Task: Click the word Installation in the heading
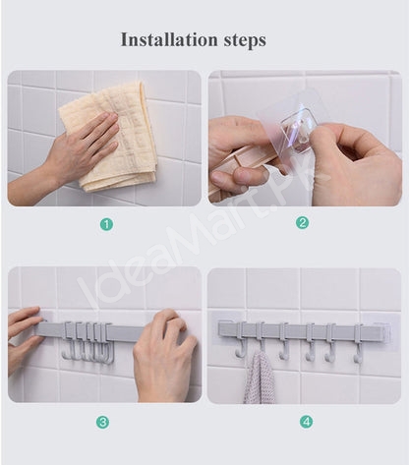(169, 39)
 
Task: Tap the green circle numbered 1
(106, 224)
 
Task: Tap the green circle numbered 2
(302, 223)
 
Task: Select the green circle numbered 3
(102, 422)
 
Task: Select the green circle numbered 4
(306, 422)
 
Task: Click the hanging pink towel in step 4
(260, 377)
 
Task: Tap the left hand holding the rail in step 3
(25, 337)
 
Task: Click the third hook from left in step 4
(284, 341)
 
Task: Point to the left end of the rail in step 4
(220, 328)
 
